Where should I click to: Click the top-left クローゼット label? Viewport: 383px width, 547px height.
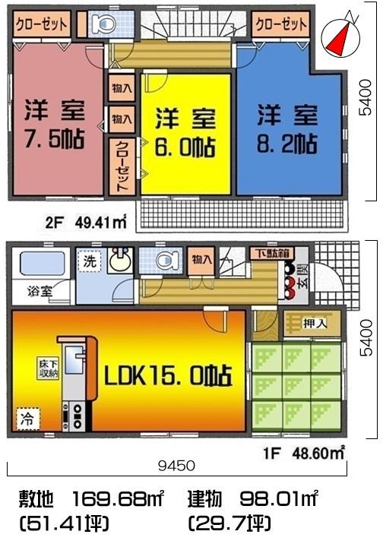point(42,24)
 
